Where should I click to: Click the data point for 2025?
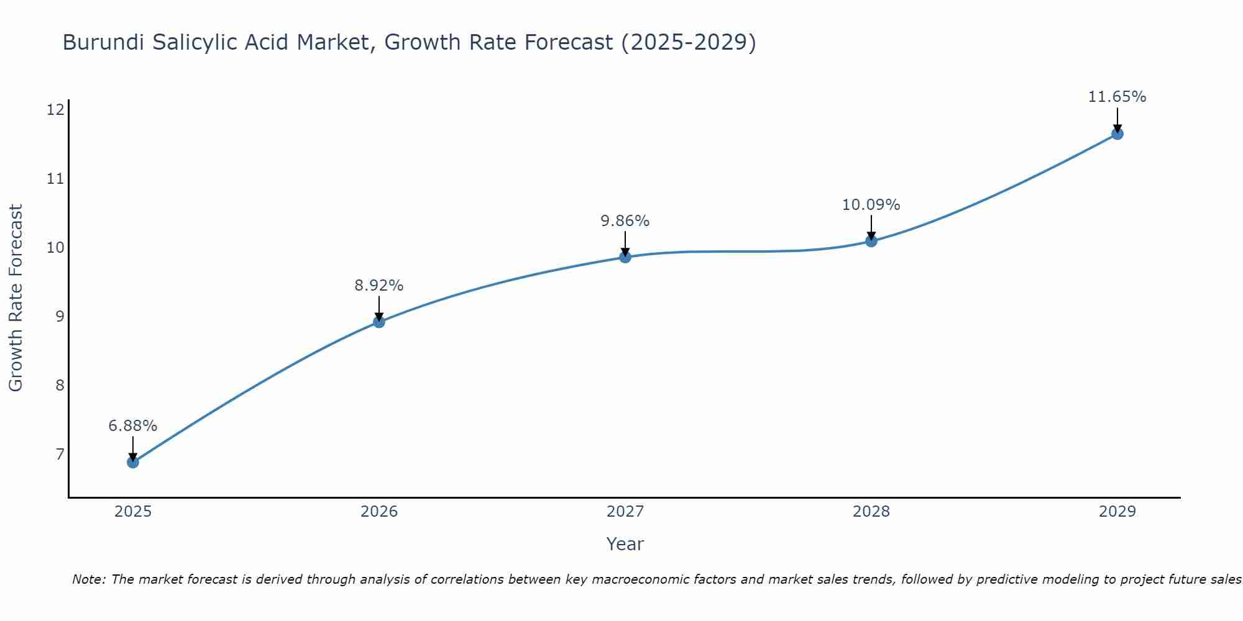pos(132,462)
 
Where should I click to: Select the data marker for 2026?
pos(378,322)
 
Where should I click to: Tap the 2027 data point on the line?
pos(625,257)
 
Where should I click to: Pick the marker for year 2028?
pos(871,241)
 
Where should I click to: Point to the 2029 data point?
pos(1117,134)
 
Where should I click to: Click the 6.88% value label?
pos(132,426)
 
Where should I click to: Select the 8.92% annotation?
pos(378,286)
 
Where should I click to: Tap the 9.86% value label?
pos(625,221)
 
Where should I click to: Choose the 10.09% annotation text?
pos(871,205)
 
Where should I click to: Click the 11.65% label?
pos(1117,97)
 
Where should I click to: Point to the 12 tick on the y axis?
pos(55,110)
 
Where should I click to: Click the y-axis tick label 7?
pos(60,455)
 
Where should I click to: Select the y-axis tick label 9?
pos(60,317)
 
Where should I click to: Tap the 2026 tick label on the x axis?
pos(378,512)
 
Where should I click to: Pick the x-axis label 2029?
pos(1117,512)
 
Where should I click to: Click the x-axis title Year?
pos(625,544)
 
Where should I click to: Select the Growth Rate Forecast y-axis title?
pos(16,298)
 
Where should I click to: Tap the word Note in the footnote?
pos(89,579)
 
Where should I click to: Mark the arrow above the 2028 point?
pos(871,228)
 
